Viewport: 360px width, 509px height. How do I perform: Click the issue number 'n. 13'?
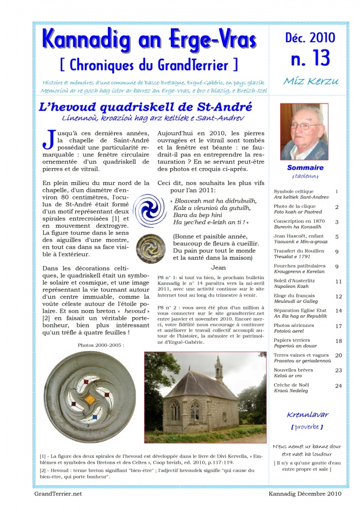pos(310,59)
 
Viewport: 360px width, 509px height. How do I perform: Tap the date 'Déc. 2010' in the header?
pos(310,38)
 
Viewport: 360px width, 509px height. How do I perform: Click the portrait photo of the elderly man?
pos(304,132)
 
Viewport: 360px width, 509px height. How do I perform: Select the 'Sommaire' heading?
pos(305,168)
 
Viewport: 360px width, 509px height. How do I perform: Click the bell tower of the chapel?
pos(219,368)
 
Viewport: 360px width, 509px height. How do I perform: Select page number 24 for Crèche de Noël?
pos(338,386)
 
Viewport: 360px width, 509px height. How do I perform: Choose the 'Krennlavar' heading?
pos(308,414)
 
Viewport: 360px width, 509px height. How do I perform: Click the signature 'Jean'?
pos(219,267)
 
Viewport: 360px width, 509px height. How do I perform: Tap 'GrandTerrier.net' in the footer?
pos(58,494)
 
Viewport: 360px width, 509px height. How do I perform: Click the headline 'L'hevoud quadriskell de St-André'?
pos(146,107)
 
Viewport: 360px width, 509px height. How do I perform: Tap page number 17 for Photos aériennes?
pos(338,326)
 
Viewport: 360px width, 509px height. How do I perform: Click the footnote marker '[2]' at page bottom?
pos(43,470)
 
